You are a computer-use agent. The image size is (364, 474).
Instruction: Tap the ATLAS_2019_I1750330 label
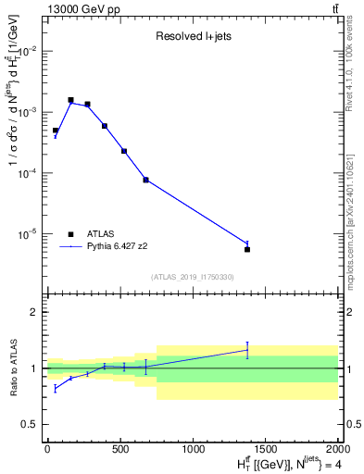point(192,277)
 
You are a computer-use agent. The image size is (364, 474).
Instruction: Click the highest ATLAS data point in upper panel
point(70,100)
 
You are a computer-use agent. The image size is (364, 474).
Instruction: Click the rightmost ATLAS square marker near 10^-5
point(247,249)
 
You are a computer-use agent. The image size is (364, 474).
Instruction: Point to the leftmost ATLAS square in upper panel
point(56,131)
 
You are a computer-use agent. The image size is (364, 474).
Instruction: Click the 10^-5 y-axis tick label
point(28,234)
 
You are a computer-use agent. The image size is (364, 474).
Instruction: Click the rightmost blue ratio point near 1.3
point(247,349)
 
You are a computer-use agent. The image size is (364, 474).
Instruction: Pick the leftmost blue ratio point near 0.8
point(56,389)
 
